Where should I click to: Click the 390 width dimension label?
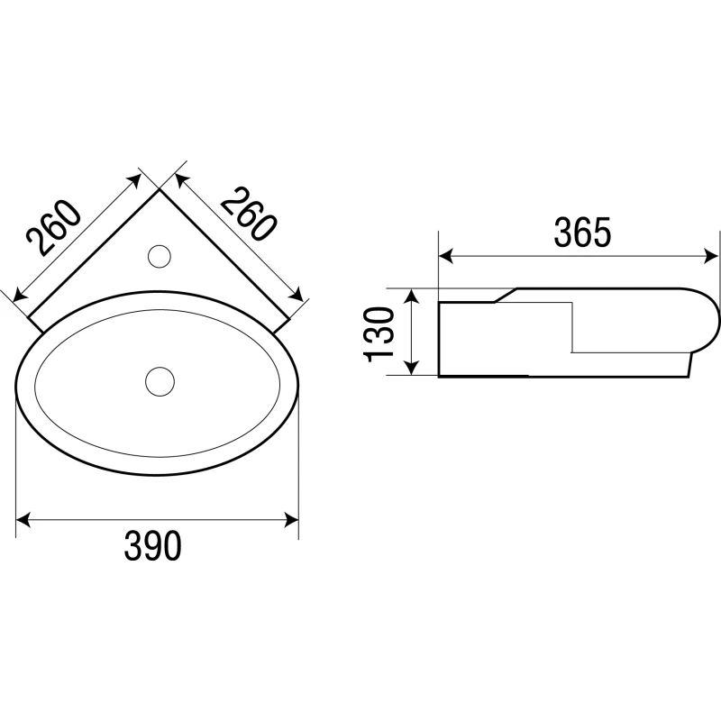(x=152, y=546)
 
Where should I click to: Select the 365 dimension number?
(x=582, y=233)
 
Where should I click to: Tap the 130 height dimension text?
(x=379, y=334)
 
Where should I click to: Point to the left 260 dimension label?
(x=54, y=228)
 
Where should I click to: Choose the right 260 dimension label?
(x=249, y=214)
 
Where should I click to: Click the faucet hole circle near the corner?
(x=160, y=256)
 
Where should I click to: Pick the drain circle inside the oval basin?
(x=160, y=381)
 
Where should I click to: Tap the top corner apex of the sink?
(x=160, y=189)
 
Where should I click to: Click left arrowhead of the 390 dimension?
(x=23, y=520)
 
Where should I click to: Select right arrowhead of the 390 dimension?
(x=291, y=520)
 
